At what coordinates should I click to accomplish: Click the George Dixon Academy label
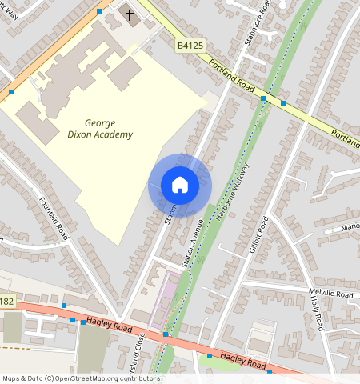point(109,129)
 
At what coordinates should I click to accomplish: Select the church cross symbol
point(130,15)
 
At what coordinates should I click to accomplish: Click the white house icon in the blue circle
point(180,185)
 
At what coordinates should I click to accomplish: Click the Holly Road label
point(317,309)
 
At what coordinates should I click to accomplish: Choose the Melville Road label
point(330,294)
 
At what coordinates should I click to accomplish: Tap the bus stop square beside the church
point(99,11)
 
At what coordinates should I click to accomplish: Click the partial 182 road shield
point(6,301)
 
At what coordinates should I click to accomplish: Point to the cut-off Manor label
point(350,226)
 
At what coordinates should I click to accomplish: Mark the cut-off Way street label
point(10,10)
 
